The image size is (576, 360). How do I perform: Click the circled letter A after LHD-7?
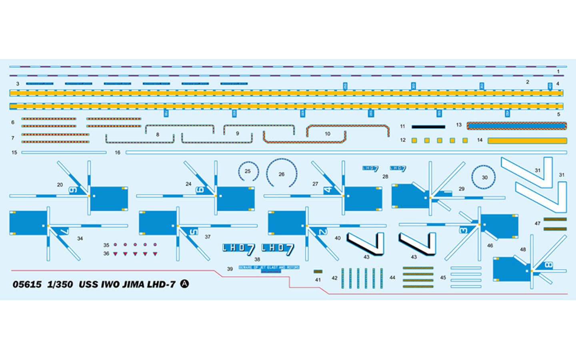(x=184, y=284)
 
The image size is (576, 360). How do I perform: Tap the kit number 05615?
(x=27, y=284)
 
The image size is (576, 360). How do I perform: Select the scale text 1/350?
(x=60, y=284)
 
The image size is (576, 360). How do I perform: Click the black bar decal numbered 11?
(x=428, y=127)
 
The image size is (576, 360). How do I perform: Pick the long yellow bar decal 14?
(x=527, y=140)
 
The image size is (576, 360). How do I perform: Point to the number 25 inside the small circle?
(x=248, y=171)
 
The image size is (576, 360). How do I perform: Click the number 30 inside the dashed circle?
(x=484, y=177)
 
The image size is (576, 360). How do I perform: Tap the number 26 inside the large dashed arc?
(x=282, y=174)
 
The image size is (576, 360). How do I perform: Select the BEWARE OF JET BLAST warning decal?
(x=269, y=267)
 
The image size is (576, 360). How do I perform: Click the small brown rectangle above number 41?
(x=318, y=272)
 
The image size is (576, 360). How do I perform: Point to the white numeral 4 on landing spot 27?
(x=328, y=189)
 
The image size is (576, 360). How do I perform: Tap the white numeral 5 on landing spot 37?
(x=193, y=232)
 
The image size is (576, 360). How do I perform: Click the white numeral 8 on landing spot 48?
(x=548, y=265)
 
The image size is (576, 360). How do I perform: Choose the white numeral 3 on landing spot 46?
(x=463, y=230)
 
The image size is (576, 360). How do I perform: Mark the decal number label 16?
(x=118, y=152)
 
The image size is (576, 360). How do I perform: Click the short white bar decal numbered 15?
(x=64, y=152)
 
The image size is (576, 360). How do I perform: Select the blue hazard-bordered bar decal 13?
(x=516, y=126)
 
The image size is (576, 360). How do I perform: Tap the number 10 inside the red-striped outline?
(x=328, y=134)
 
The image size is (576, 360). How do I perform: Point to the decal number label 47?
(x=537, y=223)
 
